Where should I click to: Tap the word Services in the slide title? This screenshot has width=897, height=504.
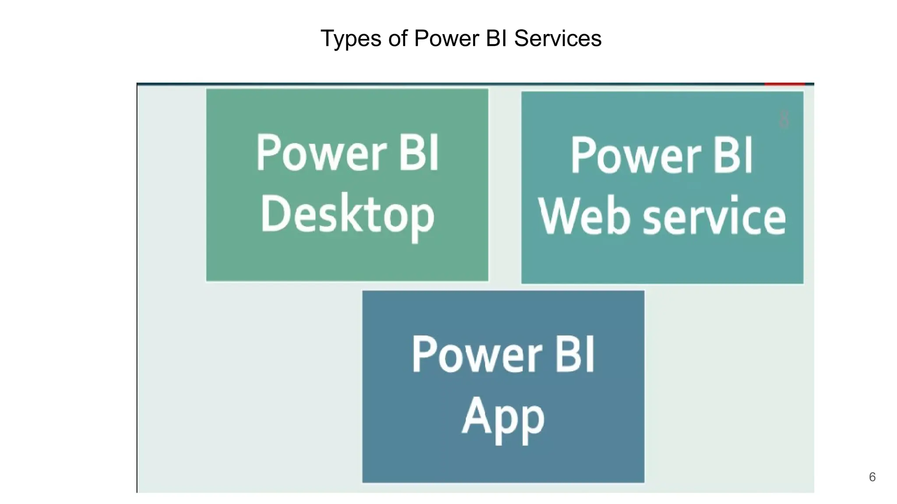tap(558, 38)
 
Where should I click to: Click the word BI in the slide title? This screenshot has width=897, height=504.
tap(497, 38)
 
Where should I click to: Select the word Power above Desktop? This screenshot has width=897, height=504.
tap(321, 153)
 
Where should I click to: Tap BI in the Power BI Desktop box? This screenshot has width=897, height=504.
tap(419, 153)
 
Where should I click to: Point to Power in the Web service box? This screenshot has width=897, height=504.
tap(636, 155)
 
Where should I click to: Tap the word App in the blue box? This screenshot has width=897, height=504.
tap(503, 417)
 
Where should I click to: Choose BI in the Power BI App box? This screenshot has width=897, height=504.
tap(575, 354)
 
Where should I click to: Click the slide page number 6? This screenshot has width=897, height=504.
tap(872, 477)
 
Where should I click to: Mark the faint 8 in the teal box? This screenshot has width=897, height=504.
tap(784, 119)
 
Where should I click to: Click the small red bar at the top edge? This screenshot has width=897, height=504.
tap(784, 84)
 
